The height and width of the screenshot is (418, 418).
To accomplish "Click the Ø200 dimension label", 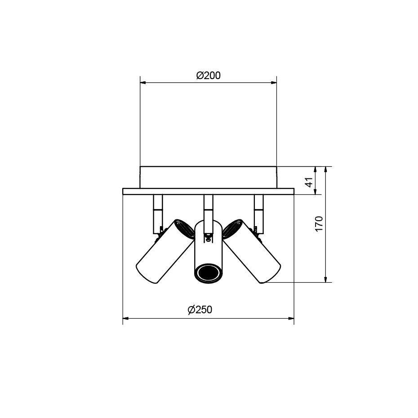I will (208, 76).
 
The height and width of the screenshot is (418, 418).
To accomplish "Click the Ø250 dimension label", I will (200, 310).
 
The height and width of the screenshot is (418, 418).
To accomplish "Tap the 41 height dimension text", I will (308, 182).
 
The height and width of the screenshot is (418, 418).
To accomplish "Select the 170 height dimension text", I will (319, 224).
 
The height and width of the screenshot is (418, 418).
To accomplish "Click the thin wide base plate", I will (208, 191).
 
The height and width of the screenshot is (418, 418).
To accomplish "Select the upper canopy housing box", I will (208, 177).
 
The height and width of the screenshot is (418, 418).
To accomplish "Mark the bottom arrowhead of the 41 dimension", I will (315, 191).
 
